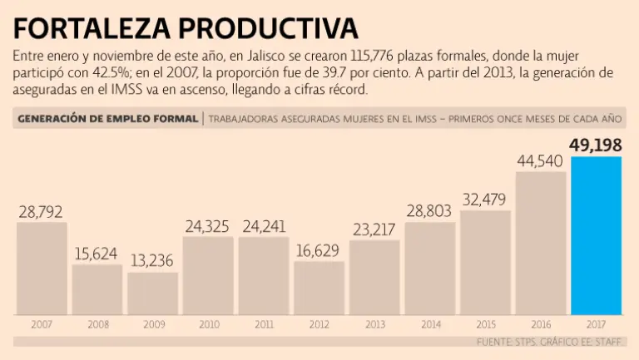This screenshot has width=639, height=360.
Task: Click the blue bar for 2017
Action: tap(596, 235)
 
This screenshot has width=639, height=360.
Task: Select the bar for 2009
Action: tap(152, 293)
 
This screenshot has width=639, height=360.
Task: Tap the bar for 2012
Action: tap(319, 288)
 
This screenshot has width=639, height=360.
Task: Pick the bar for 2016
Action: tap(541, 243)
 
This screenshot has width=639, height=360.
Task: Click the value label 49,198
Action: tap(596, 145)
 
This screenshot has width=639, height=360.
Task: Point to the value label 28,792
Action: tap(41, 212)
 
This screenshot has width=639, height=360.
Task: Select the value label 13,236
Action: tap(152, 262)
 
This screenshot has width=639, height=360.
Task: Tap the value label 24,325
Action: tap(208, 227)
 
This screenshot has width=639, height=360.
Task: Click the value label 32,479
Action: tap(485, 200)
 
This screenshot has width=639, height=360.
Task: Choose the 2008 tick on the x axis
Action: tap(97, 323)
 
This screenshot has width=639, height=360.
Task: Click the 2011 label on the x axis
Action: tap(263, 323)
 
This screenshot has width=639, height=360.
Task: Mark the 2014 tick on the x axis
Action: tap(429, 323)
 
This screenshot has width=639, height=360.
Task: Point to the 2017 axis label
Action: tap(596, 323)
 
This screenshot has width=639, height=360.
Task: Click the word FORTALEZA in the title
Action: tap(90, 29)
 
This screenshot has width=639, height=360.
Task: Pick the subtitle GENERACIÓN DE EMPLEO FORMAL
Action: tap(107, 119)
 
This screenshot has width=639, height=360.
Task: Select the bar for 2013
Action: tap(374, 278)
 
